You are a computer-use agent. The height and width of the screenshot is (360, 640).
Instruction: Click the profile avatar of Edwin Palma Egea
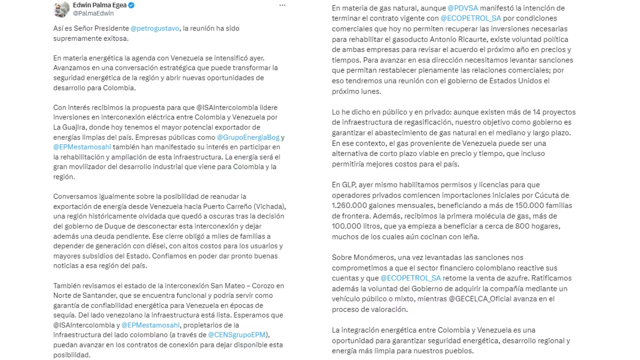(x=61, y=9)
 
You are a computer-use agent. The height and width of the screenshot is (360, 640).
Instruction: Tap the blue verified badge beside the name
(x=131, y=5)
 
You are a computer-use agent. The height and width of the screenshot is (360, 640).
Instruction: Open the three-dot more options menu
(x=282, y=5)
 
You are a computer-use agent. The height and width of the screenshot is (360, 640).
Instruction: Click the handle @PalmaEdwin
(x=93, y=13)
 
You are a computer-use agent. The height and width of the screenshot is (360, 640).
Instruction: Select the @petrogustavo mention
(x=155, y=28)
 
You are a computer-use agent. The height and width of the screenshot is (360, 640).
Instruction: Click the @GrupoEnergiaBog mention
(x=248, y=137)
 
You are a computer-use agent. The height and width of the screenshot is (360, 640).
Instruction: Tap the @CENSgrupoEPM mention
(x=237, y=335)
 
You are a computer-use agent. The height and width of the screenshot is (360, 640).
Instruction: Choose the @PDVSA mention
(x=463, y=8)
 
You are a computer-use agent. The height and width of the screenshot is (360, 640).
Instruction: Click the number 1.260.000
(x=349, y=205)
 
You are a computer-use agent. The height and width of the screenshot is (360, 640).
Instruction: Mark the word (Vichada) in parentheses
(x=269, y=206)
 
